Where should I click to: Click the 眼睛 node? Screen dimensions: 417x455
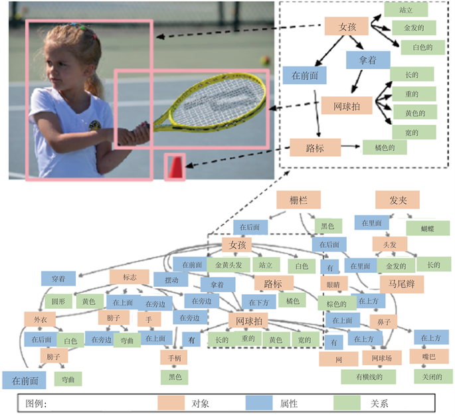(334, 284)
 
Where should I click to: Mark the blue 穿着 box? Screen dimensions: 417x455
(57, 278)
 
